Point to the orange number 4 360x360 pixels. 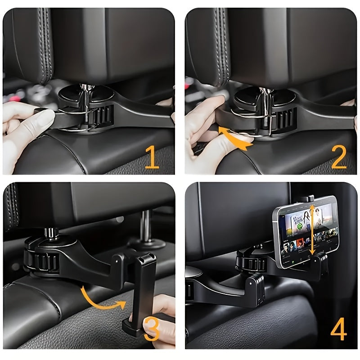coord(338,331)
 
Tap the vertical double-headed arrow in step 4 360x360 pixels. coord(310,229)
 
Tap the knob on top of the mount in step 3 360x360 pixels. coord(51,233)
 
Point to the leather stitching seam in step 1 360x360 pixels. coord(44,45)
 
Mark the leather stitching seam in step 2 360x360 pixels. coord(222,45)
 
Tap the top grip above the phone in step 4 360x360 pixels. coord(307,198)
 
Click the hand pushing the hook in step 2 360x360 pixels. coord(205,130)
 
